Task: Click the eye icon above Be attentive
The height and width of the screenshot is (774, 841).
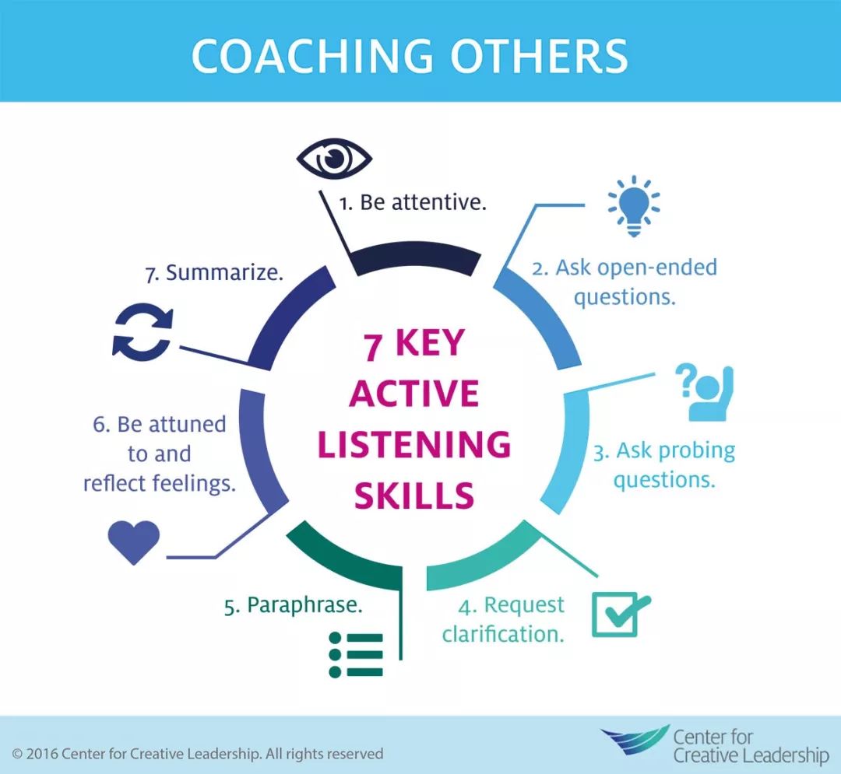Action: (334, 159)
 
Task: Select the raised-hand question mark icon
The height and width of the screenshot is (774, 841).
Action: (704, 393)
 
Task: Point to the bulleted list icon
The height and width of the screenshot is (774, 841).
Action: (356, 654)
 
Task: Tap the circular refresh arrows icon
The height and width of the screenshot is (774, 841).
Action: (143, 331)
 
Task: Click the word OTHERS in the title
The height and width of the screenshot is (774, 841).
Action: (539, 56)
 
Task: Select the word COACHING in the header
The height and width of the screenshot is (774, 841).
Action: (312, 56)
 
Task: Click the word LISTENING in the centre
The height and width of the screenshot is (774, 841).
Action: (414, 445)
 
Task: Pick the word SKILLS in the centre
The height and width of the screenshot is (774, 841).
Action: (414, 496)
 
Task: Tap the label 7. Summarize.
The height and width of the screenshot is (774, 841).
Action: (214, 272)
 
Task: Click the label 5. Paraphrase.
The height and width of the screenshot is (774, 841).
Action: (294, 605)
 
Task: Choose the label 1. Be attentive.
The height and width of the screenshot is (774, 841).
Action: (413, 202)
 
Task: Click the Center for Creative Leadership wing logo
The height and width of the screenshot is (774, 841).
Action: (635, 739)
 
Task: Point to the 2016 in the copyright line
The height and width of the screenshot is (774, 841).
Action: (42, 755)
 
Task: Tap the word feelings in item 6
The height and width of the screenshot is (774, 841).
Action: (194, 484)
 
